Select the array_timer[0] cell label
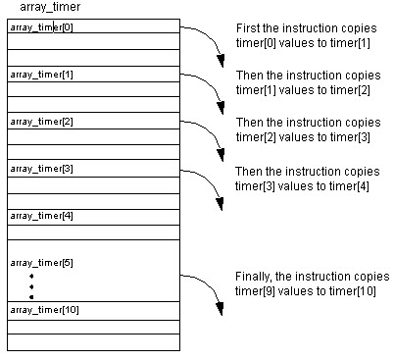41,26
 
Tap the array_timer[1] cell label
41,75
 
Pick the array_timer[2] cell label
41,122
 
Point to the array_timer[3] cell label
41,169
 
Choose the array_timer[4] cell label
41,215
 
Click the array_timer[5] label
41,263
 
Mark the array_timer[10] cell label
43,310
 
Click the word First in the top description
247,27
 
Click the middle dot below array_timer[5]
31,286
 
